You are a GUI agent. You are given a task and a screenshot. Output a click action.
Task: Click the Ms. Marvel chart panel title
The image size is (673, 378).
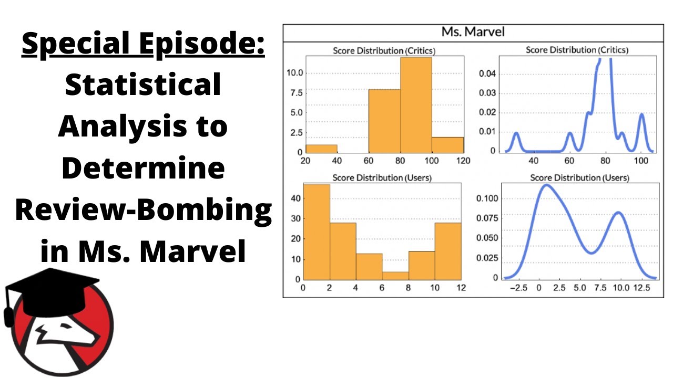pos(473,32)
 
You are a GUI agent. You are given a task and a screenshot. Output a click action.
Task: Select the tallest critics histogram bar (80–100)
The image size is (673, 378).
pos(416,105)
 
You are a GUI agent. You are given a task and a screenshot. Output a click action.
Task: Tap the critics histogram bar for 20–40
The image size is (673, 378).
pos(321,148)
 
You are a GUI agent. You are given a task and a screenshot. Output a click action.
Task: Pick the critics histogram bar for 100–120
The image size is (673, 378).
pos(447,144)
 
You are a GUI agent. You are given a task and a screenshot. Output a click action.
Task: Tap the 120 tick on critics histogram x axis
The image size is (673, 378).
pos(463,161)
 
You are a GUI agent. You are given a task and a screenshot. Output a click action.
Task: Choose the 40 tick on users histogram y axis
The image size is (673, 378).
pos(293,198)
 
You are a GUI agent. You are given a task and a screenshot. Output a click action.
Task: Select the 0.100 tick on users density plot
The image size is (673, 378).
pos(486,198)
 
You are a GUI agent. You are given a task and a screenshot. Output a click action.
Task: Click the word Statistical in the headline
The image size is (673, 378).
pos(142,86)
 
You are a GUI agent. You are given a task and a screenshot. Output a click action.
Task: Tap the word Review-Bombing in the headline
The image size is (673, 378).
pos(143,211)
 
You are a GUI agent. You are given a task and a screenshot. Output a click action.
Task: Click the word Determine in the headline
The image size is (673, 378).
pos(143,169)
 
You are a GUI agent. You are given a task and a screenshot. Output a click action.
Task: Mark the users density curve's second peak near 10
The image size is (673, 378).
pos(618,213)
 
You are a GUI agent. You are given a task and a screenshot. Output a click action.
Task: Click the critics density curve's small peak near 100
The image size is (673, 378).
pos(641,114)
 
